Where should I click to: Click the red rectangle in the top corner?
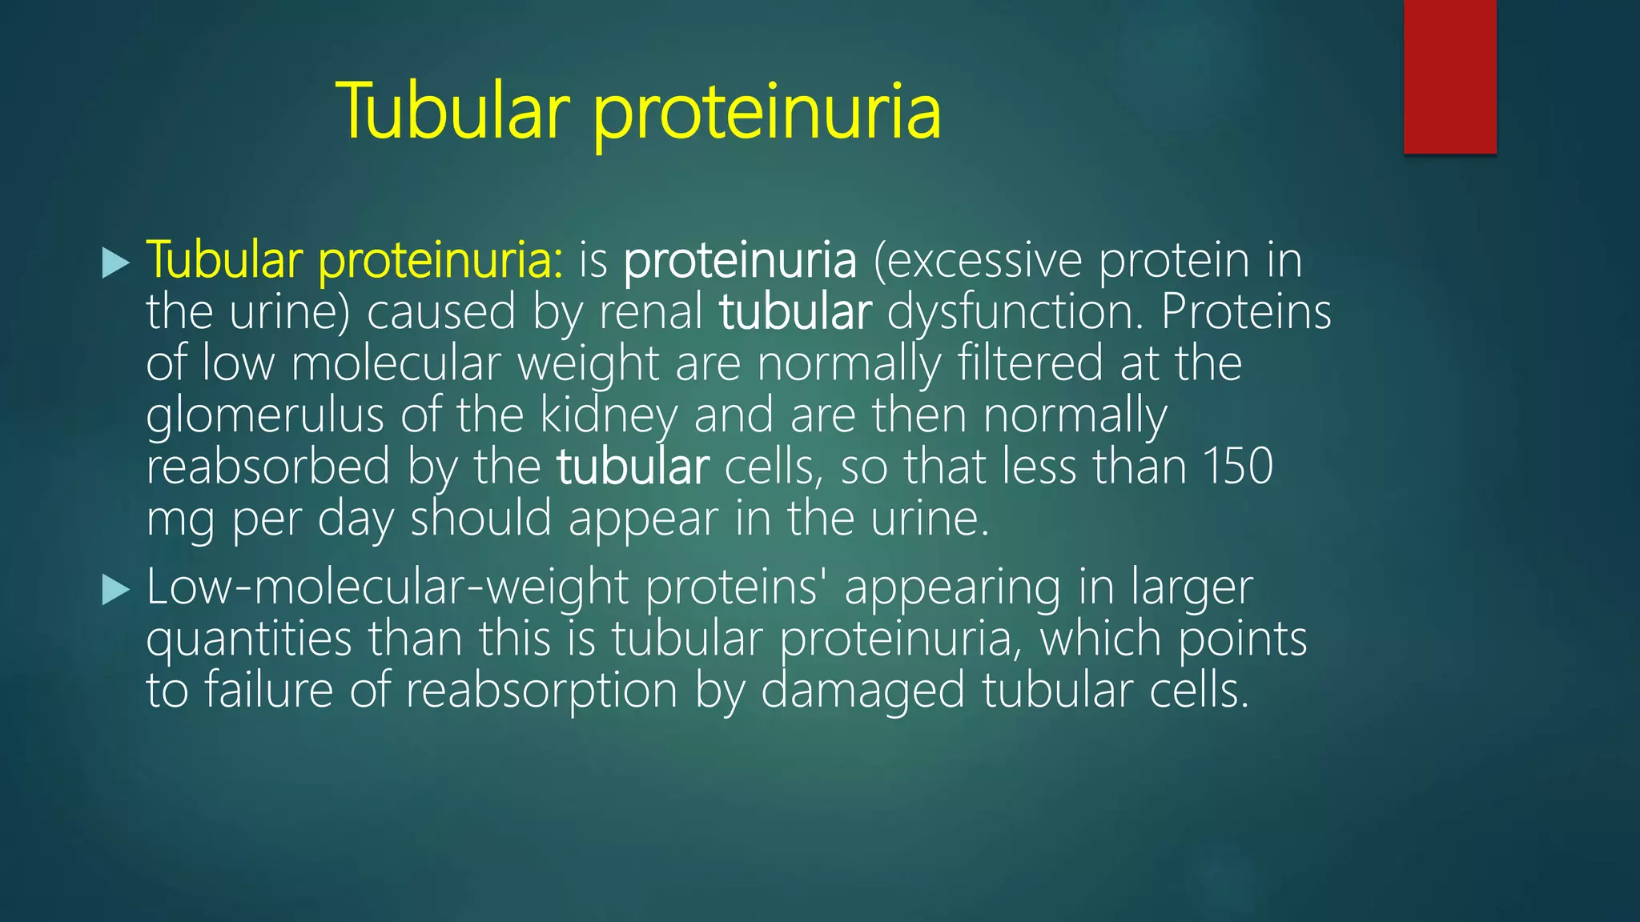pyautogui.click(x=1449, y=76)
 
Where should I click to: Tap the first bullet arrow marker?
pyautogui.click(x=116, y=263)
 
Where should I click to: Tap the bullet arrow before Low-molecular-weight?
pyautogui.click(x=116, y=591)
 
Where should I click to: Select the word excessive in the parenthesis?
pyautogui.click(x=985, y=261)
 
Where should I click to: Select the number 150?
pyautogui.click(x=1237, y=467)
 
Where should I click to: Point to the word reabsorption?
pyautogui.click(x=541, y=690)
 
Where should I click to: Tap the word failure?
pyautogui.click(x=268, y=690)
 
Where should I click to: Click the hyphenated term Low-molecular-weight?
pyautogui.click(x=387, y=588)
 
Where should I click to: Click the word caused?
pyautogui.click(x=441, y=312)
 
